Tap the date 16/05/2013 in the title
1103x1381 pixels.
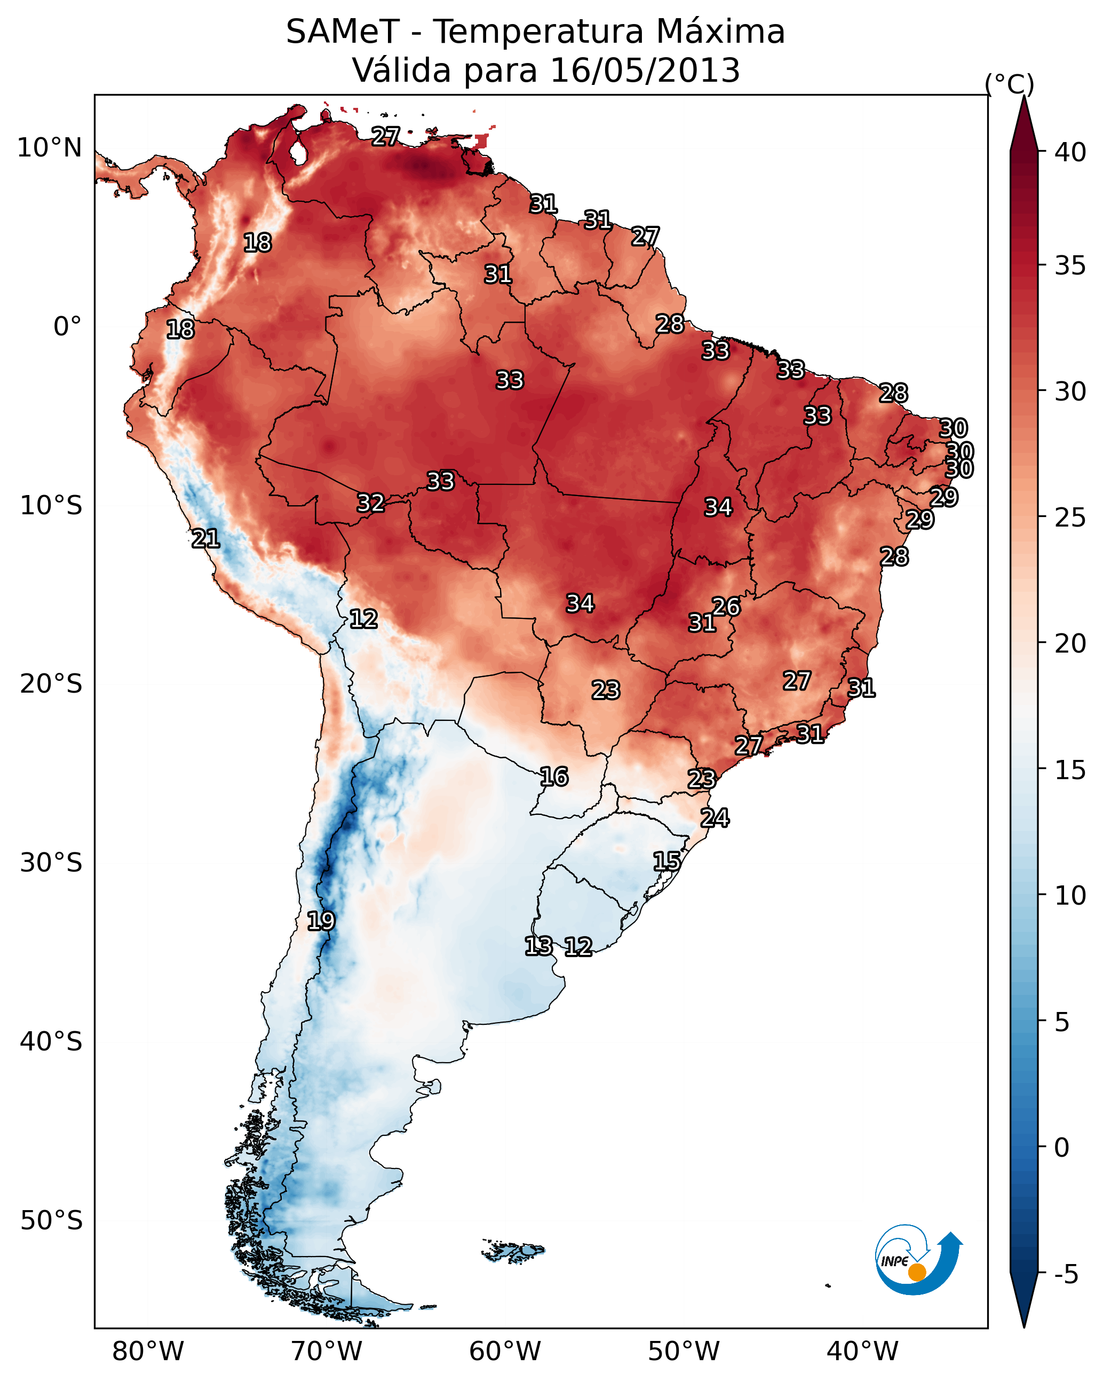[x=645, y=70]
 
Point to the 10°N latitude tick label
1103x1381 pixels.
[x=49, y=148]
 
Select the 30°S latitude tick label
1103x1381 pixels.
[x=51, y=863]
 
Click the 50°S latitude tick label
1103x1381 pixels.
[x=51, y=1221]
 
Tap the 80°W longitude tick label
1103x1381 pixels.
[x=148, y=1351]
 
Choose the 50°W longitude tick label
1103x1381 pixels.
[x=684, y=1351]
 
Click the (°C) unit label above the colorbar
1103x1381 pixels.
[x=1010, y=84]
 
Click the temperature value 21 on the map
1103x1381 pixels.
[x=205, y=539]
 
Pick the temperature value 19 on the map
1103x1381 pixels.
[x=321, y=921]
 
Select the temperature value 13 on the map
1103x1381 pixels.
[x=538, y=946]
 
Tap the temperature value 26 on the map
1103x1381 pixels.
[x=726, y=607]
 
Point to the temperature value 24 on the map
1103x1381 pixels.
[x=715, y=818]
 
